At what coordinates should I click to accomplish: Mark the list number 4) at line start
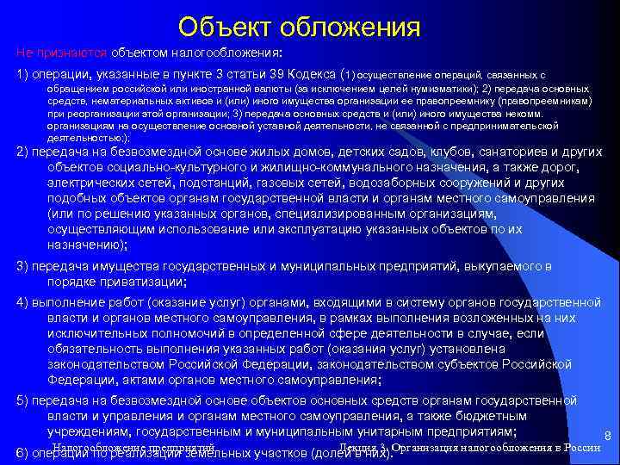[22, 301]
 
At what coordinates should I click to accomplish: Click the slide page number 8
[608, 437]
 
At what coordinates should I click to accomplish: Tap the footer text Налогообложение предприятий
[132, 449]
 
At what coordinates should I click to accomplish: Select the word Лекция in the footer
[361, 449]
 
